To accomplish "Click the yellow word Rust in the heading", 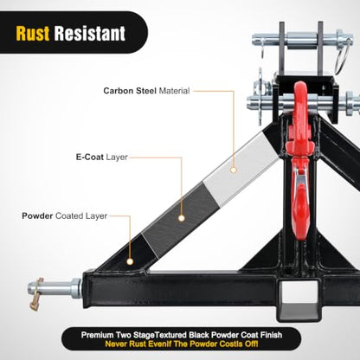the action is (x=33, y=34).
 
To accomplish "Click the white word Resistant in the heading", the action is (x=90, y=34).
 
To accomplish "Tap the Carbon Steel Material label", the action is (x=146, y=91).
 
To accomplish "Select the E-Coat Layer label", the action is (x=102, y=157).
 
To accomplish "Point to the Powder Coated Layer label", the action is (x=65, y=216).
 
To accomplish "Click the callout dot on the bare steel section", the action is (x=234, y=170).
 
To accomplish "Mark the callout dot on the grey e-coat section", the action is (x=182, y=218).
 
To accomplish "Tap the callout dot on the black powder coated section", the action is (x=130, y=261).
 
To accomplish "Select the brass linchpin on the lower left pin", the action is (x=35, y=294).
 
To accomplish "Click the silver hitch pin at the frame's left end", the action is (x=55, y=288).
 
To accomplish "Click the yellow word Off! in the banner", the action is (x=251, y=344).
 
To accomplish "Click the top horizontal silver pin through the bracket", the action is (x=302, y=40).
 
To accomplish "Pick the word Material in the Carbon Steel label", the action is (x=175, y=91).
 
